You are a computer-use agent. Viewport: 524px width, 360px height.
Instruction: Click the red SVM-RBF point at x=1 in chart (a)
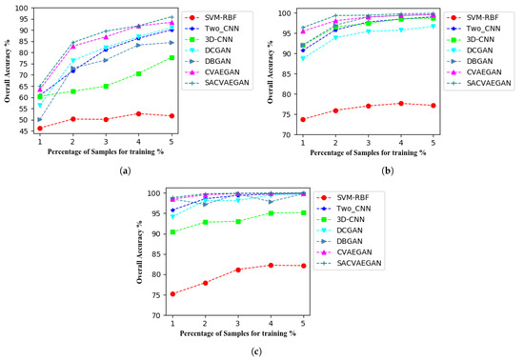[39, 129]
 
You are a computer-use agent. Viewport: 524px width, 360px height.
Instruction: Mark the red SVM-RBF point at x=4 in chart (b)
[401, 103]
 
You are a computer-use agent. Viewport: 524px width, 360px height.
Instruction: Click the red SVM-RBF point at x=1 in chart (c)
[172, 293]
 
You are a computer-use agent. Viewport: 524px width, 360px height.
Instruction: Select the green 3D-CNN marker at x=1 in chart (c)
[172, 231]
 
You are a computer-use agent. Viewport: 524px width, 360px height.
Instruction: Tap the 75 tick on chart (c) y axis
[154, 294]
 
